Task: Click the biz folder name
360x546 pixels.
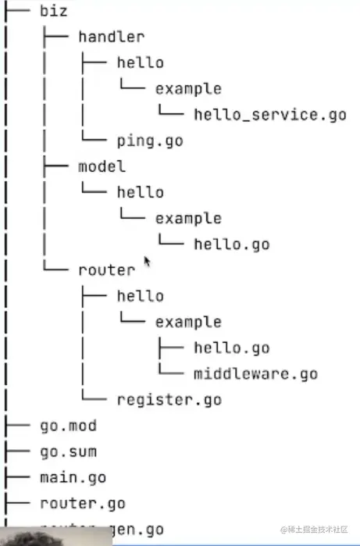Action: coord(53,11)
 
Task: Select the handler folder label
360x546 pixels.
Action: coord(112,37)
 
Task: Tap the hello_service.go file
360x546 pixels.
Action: coord(269,115)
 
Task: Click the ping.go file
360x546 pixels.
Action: coord(149,141)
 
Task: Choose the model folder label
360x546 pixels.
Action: coord(102,166)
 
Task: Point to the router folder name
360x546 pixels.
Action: coord(106,270)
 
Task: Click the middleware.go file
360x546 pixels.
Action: coord(255,373)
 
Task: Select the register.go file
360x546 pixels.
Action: coord(169,400)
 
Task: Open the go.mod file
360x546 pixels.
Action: coord(68,426)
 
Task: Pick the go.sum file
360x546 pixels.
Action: coord(68,451)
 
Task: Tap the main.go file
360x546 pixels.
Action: coord(73,477)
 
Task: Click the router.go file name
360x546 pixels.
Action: coord(82,503)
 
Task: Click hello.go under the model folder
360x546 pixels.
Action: coord(231,244)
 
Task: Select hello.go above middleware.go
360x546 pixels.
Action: coord(231,348)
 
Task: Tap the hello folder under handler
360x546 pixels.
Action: coord(140,62)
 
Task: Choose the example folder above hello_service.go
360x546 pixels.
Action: coord(187,88)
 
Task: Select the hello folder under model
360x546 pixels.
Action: coord(140,192)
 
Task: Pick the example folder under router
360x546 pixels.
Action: coord(187,322)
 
